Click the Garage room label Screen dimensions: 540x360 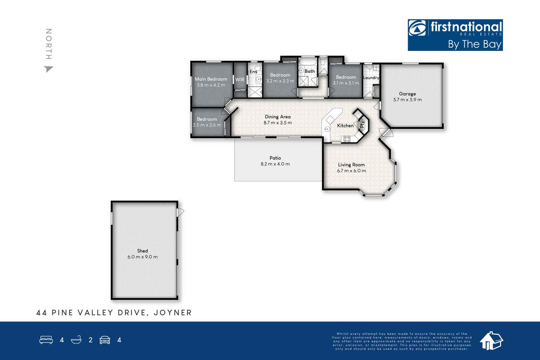tap(407, 94)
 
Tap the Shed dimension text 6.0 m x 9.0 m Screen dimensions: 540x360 tap(142, 257)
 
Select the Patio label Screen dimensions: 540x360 tap(275, 158)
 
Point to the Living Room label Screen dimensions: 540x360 tap(351, 165)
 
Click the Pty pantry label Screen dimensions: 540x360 tap(362, 124)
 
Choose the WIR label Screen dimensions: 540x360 tap(240, 80)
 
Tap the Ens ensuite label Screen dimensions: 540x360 tap(253, 72)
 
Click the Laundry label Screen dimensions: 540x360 tap(371, 78)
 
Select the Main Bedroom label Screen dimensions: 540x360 tap(211, 79)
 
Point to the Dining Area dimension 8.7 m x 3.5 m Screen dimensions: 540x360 tap(278, 123)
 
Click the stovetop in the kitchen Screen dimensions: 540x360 tap(347, 139)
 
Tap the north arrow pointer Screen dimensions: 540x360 tap(48, 69)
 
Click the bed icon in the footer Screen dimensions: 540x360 tap(46, 340)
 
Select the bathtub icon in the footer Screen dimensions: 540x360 tap(76, 340)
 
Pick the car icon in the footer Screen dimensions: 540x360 tap(105, 340)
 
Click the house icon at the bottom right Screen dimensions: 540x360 tap(491, 341)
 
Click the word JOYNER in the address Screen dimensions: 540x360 tap(172, 313)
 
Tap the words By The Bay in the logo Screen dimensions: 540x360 tap(475, 44)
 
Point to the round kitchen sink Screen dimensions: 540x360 tap(327, 129)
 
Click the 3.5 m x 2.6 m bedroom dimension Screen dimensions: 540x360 tap(207, 125)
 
